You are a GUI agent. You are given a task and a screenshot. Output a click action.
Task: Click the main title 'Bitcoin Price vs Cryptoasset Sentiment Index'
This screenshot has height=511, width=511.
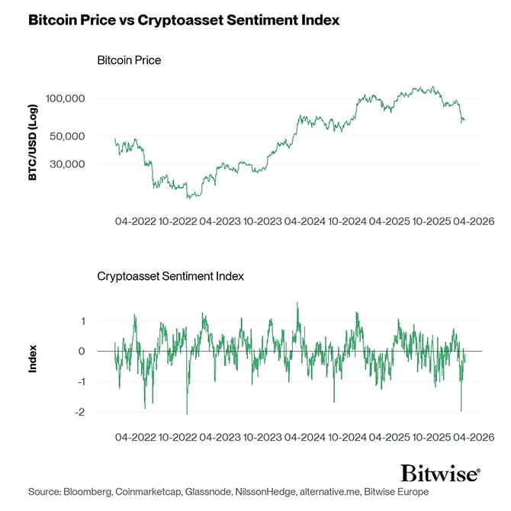183,21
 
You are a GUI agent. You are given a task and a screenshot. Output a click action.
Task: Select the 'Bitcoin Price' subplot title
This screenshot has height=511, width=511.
129,59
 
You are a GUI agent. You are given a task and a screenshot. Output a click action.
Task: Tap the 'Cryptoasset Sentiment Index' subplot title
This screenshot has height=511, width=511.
171,276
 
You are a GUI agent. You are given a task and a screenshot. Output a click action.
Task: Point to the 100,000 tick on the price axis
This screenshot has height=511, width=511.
65,99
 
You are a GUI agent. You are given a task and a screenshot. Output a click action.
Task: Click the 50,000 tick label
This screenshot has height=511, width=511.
67,137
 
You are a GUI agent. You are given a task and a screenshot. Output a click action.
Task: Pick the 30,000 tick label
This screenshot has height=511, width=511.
67,164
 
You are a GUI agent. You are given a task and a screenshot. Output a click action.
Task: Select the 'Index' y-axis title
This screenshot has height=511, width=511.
33,358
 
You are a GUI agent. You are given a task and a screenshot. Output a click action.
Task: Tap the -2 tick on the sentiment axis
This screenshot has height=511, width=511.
79,412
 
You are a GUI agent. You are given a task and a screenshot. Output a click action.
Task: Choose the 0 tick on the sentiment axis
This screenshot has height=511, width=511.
81,352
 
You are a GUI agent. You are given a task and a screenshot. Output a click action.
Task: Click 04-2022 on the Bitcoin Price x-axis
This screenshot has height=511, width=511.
136,222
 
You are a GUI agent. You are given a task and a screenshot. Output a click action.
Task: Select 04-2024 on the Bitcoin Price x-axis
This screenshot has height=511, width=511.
304,222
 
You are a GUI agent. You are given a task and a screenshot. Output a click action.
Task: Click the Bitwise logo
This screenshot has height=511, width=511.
441,474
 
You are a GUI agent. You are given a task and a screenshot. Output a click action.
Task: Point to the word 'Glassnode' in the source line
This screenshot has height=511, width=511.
211,493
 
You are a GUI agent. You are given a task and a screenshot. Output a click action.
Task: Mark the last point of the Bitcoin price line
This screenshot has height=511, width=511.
464,120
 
